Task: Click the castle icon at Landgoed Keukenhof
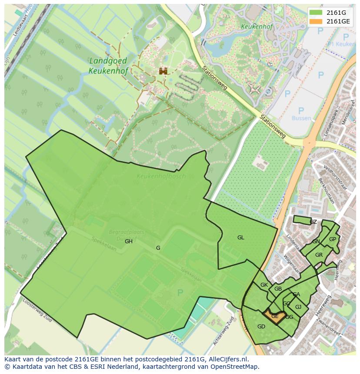[163, 71]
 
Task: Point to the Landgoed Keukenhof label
[108, 65]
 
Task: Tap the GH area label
[129, 242]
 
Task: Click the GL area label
[240, 238]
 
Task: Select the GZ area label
[313, 222]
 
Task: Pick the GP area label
[332, 239]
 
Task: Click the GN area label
[316, 242]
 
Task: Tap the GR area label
[319, 255]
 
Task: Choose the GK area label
[264, 285]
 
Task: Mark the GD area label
[261, 327]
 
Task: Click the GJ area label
[298, 307]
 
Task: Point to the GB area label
[278, 289]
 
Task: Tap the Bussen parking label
[301, 118]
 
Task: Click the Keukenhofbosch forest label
[161, 176]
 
